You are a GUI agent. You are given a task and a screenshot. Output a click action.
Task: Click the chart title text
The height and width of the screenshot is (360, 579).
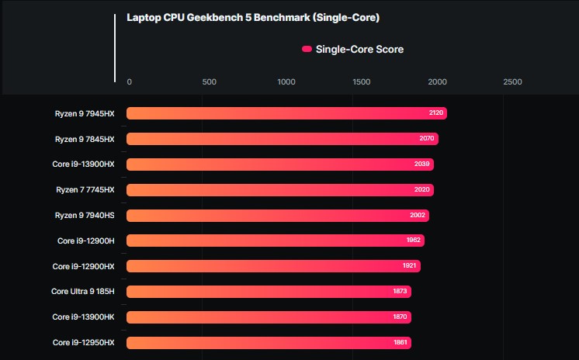point(253,17)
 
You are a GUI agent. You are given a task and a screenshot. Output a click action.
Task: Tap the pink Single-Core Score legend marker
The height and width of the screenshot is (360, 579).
point(307,50)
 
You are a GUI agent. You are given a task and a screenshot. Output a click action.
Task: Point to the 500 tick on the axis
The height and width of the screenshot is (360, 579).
point(209,82)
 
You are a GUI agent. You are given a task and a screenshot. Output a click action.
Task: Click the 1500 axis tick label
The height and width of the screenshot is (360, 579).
point(362,82)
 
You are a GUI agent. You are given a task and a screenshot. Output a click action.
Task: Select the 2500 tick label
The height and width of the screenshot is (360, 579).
point(512,82)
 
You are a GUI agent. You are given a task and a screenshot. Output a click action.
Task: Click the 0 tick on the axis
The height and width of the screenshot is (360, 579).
point(129,82)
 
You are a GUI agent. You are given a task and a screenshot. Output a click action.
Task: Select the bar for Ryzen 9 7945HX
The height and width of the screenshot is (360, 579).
point(286,113)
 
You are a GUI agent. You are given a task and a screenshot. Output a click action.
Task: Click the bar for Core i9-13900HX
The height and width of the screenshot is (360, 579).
point(279,164)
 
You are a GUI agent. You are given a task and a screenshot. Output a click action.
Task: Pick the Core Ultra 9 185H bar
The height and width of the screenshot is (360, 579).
point(269,292)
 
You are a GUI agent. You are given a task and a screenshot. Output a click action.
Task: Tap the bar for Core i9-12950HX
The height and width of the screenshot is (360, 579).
point(268,342)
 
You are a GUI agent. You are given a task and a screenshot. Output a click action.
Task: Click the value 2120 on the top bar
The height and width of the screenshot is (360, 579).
point(436,113)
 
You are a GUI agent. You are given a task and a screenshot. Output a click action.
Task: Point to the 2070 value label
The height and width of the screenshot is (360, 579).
point(428,139)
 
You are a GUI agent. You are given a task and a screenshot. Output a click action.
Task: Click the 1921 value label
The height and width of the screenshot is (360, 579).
point(410,266)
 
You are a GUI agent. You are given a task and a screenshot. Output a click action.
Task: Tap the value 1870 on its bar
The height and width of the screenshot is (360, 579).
point(400,317)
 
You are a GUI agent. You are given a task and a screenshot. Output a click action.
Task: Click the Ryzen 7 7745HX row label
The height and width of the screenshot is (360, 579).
point(85,190)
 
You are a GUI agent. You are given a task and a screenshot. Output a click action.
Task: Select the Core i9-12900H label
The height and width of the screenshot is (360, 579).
point(85,241)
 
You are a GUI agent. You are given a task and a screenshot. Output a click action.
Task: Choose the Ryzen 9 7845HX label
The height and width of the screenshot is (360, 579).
point(85,139)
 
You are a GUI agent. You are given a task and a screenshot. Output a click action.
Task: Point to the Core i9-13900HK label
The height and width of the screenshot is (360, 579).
point(83,317)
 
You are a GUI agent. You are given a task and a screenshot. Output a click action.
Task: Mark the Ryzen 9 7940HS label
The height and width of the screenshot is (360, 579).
point(85,215)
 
